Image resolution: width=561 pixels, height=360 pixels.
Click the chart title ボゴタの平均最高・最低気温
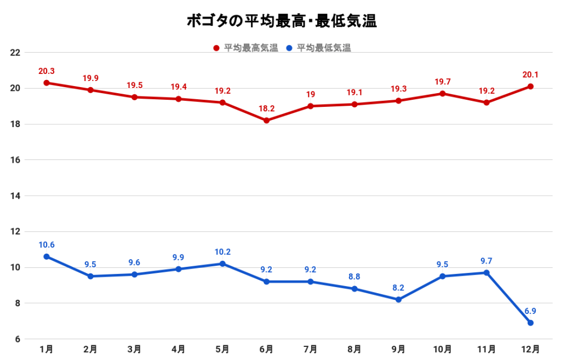click(x=280, y=21)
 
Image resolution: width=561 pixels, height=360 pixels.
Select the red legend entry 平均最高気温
click(x=246, y=48)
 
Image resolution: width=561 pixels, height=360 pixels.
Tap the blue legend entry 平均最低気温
click(x=319, y=48)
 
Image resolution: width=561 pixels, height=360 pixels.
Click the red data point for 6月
click(x=266, y=121)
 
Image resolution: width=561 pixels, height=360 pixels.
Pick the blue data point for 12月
click(x=530, y=323)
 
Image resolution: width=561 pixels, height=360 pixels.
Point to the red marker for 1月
click(x=47, y=83)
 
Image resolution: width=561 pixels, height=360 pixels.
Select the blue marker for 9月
click(x=398, y=300)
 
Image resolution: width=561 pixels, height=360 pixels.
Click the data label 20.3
click(x=47, y=71)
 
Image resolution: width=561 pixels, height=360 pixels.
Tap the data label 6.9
click(x=530, y=311)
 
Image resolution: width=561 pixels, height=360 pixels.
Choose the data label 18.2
click(x=266, y=109)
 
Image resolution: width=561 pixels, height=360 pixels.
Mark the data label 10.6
click(x=47, y=245)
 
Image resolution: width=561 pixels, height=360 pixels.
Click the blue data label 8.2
click(x=398, y=288)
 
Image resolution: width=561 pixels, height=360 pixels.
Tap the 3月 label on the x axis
click(x=134, y=348)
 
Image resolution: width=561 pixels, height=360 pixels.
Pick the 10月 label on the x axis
click(x=442, y=348)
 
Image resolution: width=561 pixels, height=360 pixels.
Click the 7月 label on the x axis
click(x=310, y=348)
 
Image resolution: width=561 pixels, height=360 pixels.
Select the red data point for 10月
click(x=442, y=94)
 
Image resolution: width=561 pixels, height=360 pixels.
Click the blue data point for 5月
click(x=222, y=264)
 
